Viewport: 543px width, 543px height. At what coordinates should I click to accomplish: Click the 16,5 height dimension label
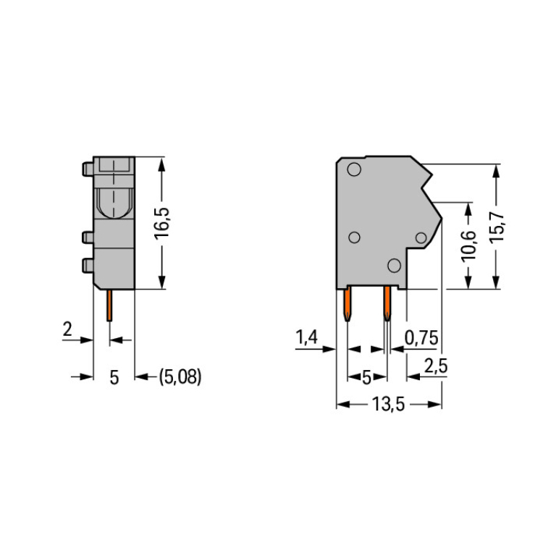click(x=161, y=224)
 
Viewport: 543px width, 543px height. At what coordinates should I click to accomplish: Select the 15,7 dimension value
click(x=497, y=227)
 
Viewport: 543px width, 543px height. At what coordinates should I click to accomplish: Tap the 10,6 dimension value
click(x=468, y=246)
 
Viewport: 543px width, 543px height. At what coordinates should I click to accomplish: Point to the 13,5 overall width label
click(x=388, y=404)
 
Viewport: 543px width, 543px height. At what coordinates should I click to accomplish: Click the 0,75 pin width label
click(x=421, y=337)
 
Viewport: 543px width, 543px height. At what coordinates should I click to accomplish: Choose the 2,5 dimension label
click(x=436, y=366)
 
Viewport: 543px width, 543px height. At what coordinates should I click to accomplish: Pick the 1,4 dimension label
click(x=306, y=337)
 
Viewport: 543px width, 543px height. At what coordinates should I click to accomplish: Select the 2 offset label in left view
click(x=67, y=329)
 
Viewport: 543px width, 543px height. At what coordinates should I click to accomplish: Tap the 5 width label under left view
click(x=114, y=377)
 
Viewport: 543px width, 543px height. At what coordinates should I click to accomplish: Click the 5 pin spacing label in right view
click(x=366, y=376)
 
